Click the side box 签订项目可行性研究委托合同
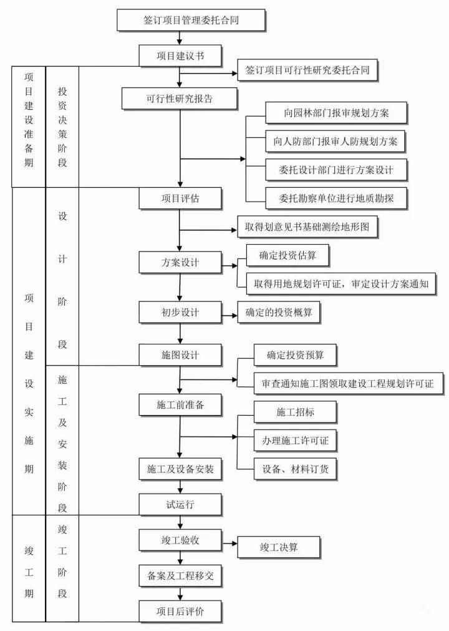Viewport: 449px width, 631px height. click(308, 70)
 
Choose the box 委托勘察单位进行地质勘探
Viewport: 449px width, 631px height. click(336, 198)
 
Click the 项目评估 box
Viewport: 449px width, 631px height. click(180, 198)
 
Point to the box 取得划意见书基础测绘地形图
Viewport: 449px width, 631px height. click(308, 227)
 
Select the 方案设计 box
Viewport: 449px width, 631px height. click(180, 262)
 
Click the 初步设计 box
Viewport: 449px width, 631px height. click(180, 311)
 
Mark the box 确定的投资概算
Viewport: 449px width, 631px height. click(279, 311)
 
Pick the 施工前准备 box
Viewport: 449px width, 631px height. click(180, 404)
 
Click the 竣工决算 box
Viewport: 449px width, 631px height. click(279, 547)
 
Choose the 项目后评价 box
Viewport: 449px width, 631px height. click(180, 612)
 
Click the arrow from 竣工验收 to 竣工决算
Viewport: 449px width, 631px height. click(229, 547)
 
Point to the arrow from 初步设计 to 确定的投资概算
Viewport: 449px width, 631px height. click(229, 311)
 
